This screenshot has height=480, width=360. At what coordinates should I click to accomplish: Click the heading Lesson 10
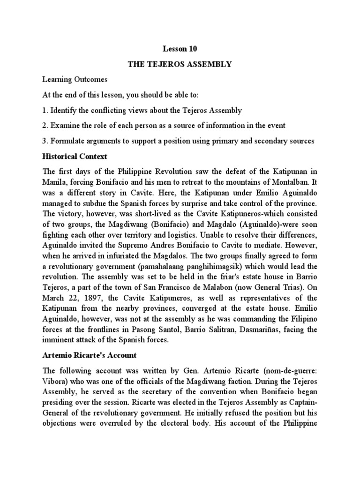(180, 48)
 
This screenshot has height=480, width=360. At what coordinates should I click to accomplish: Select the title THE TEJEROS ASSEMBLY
(180, 64)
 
